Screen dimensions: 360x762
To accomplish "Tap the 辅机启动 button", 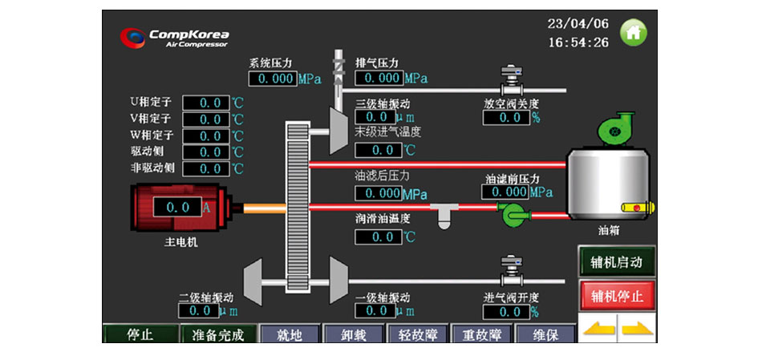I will (617, 262).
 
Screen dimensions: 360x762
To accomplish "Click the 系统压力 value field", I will (273, 79).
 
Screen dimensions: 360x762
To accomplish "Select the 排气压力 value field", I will (379, 78).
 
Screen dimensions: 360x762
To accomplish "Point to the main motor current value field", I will (172, 208).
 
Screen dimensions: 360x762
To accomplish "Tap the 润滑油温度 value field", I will (379, 237).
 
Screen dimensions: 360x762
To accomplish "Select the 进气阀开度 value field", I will (505, 311).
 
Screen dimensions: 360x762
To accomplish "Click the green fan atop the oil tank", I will (614, 132).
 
